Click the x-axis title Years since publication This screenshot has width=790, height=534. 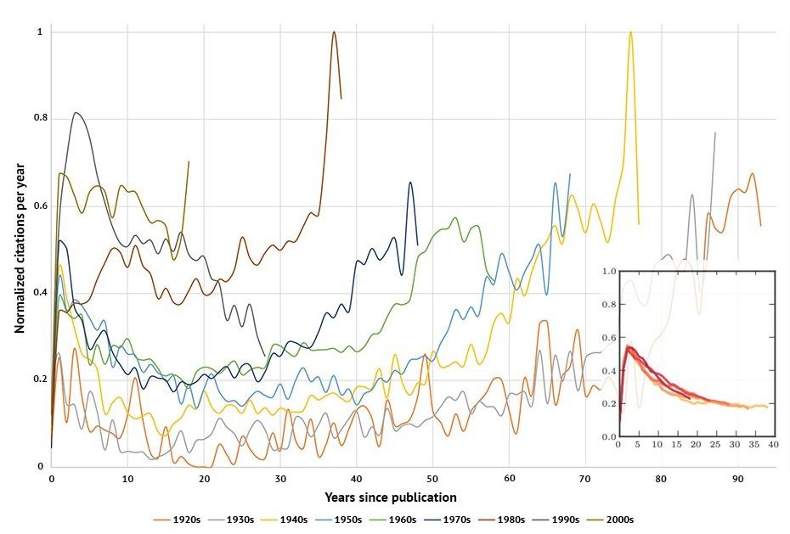pyautogui.click(x=391, y=497)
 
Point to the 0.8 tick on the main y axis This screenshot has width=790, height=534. pyautogui.click(x=38, y=119)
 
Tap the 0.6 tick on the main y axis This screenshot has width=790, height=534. pyautogui.click(x=38, y=206)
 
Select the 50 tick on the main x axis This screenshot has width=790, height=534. pyautogui.click(x=432, y=478)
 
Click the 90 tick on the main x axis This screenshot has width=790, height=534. pyautogui.click(x=737, y=478)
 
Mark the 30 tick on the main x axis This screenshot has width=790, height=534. pyautogui.click(x=279, y=478)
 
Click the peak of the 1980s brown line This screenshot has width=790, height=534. pyautogui.click(x=334, y=32)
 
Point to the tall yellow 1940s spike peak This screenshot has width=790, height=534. pyautogui.click(x=630, y=32)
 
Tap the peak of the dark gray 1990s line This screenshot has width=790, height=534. pyautogui.click(x=76, y=113)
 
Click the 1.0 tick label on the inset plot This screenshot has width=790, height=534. pyautogui.click(x=607, y=272)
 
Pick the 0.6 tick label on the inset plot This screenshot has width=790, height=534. pyautogui.click(x=607, y=338)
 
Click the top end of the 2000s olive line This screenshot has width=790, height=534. pyautogui.click(x=189, y=161)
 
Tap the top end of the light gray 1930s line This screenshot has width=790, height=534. pyautogui.click(x=715, y=133)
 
